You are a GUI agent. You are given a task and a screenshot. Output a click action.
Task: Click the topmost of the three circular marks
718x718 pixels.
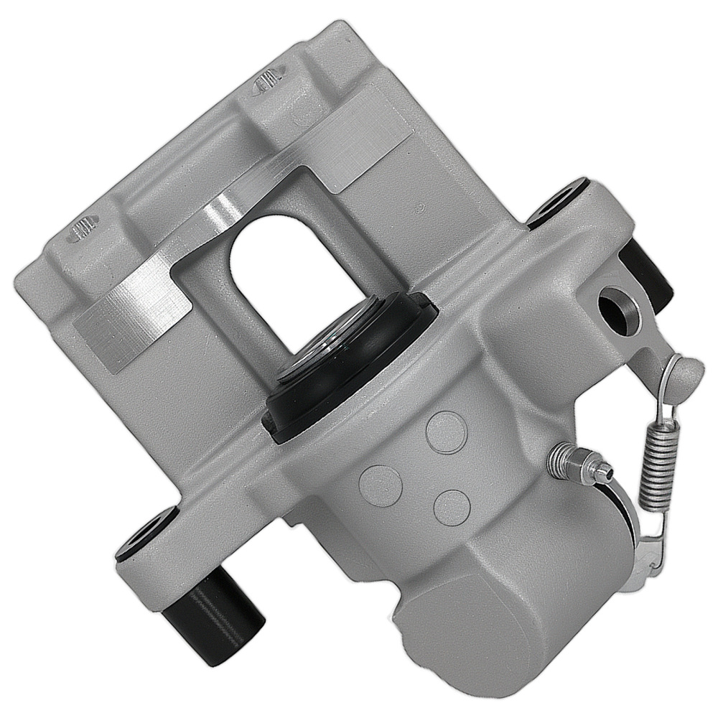[x=446, y=432]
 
